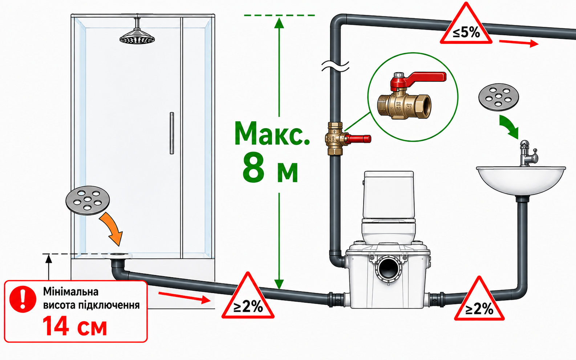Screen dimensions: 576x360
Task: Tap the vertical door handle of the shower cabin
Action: click(172, 133)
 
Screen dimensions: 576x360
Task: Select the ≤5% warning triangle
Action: click(466, 24)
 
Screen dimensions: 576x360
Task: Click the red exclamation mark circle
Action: click(23, 299)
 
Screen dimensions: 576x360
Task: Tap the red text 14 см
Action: click(74, 326)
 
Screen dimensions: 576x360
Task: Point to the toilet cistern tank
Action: click(389, 195)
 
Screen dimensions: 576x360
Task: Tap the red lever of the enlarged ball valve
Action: click(418, 79)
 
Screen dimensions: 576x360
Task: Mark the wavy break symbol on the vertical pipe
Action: click(335, 66)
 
